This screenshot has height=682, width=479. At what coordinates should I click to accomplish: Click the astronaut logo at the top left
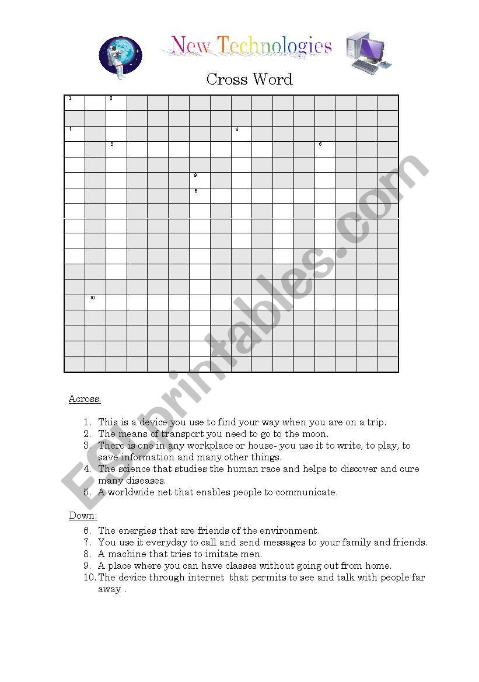click(x=121, y=57)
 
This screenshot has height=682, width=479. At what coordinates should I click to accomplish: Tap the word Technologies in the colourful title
click(x=275, y=46)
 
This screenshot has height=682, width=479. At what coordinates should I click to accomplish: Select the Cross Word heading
click(x=249, y=79)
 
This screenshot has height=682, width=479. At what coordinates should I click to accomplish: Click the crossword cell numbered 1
click(x=74, y=103)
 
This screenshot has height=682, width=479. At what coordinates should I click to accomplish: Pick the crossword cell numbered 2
click(x=116, y=103)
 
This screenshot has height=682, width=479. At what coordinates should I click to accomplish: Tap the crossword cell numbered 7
click(x=74, y=134)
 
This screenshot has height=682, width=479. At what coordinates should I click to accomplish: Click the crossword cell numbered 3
click(x=116, y=149)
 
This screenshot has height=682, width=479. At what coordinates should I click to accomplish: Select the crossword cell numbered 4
click(x=242, y=134)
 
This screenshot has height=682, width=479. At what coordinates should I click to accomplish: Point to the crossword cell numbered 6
click(x=325, y=149)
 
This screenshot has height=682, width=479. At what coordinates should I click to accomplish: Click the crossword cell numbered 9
click(x=200, y=180)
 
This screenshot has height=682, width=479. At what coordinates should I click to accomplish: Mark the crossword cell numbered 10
click(x=95, y=302)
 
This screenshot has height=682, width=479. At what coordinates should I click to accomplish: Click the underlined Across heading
click(x=85, y=399)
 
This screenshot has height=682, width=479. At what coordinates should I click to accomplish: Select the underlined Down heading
click(x=83, y=516)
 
